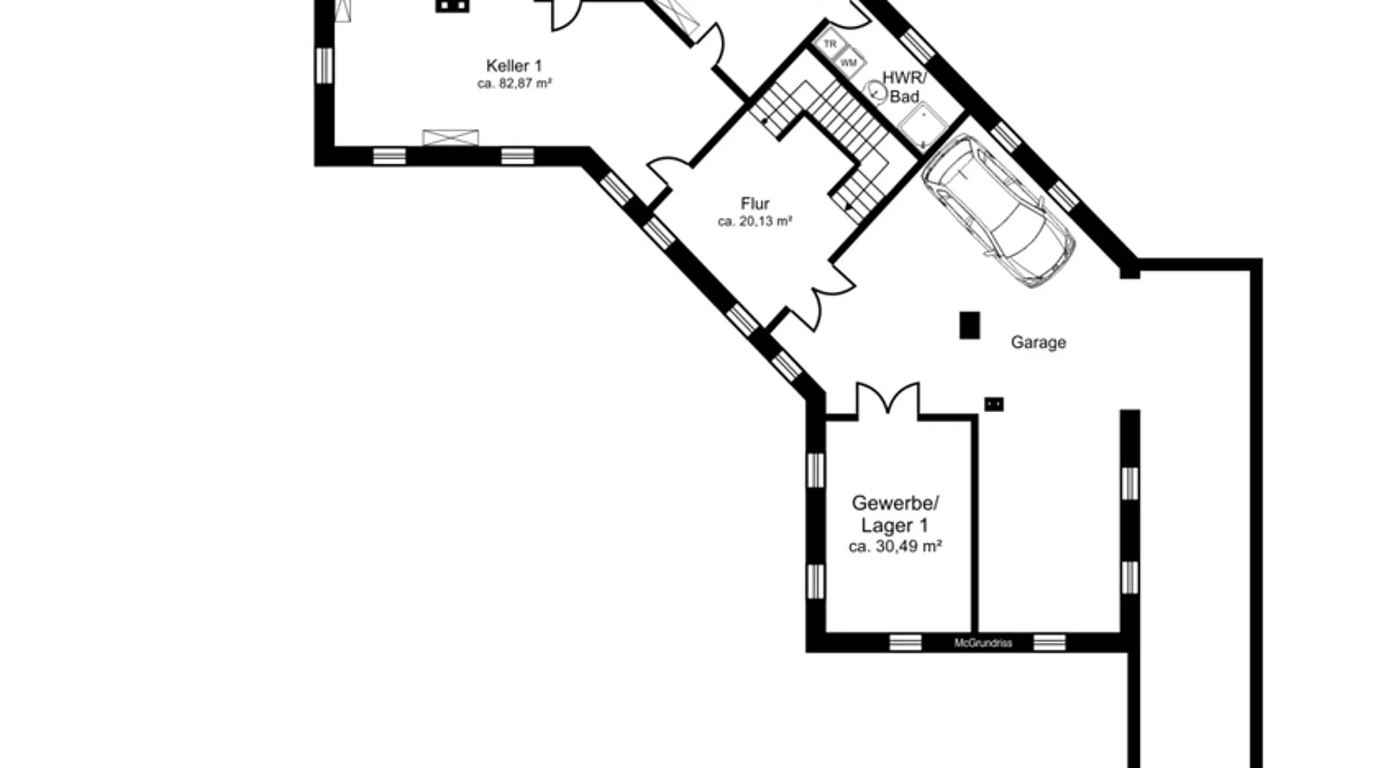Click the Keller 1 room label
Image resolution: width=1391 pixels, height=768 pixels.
[514, 66]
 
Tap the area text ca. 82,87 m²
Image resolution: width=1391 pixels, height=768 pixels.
[514, 83]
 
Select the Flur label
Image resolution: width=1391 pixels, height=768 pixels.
[755, 204]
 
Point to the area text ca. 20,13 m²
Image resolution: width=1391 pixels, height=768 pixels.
[755, 222]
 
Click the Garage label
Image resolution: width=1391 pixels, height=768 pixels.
[1038, 342]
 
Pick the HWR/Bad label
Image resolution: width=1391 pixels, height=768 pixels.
[904, 87]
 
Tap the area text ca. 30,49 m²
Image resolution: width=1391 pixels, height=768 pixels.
[895, 546]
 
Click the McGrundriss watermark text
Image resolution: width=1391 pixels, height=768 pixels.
[983, 643]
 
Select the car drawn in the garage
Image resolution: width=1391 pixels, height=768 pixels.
[998, 209]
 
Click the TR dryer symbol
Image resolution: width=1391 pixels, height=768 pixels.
[830, 44]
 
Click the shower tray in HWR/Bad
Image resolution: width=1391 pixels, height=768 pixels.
[923, 128]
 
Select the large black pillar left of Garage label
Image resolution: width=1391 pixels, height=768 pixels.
[969, 325]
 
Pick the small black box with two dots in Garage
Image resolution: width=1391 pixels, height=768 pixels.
[994, 404]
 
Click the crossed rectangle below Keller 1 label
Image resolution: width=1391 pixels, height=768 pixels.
[451, 138]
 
